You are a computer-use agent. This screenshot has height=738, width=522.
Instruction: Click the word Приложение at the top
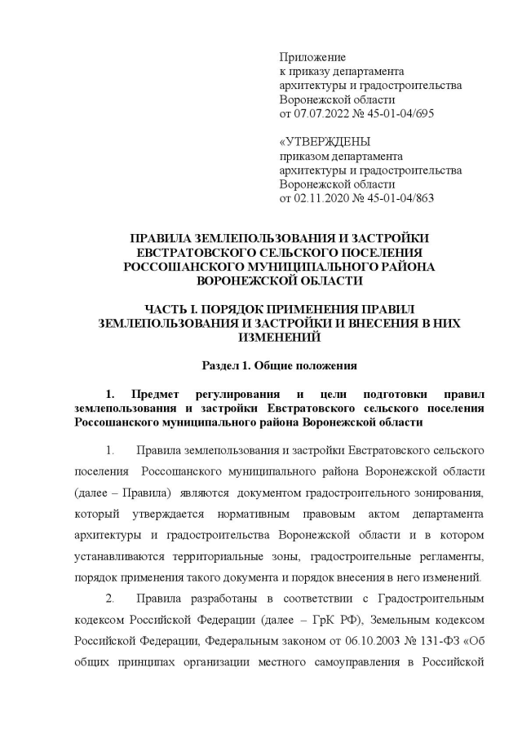(x=312, y=58)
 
